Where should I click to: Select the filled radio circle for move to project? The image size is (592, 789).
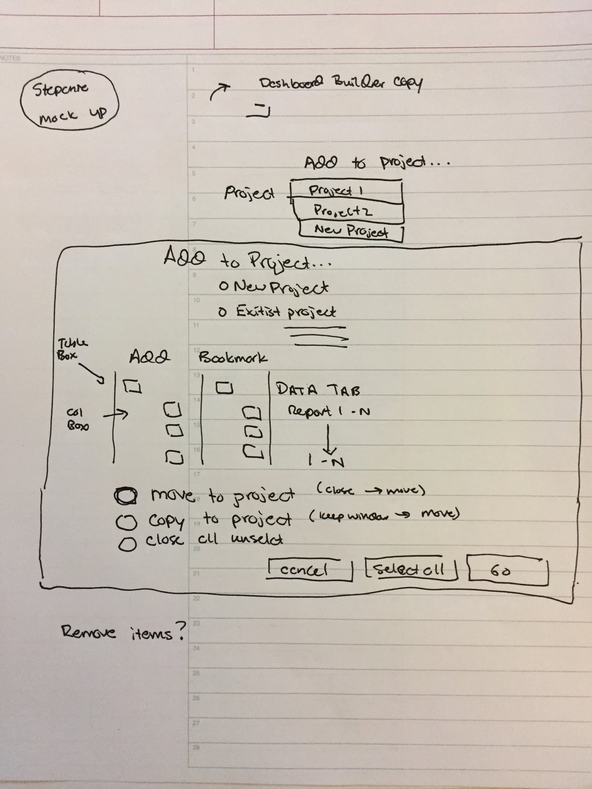126,496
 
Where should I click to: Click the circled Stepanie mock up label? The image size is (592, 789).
69,100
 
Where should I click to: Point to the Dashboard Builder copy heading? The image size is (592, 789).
341,84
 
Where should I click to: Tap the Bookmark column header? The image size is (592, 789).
233,358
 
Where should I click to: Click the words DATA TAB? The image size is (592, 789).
318,389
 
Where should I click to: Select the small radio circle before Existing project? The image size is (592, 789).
222,313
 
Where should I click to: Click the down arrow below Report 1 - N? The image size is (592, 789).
329,439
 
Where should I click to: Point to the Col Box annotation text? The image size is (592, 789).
77,419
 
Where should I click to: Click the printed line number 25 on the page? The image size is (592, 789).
196,673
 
